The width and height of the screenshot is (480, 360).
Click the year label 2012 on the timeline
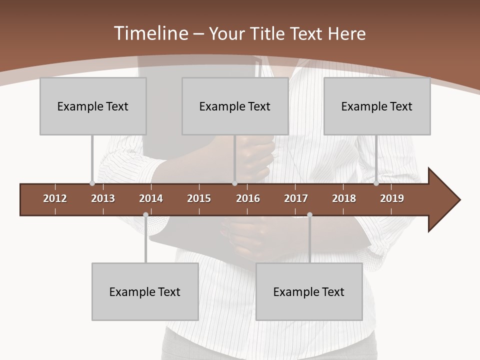tap(55, 198)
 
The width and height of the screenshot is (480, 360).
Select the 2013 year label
tap(103, 198)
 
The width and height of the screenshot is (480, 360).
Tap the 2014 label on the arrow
tap(151, 198)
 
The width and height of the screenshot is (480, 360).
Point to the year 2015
tap(199, 198)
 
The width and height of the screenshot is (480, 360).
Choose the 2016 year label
tap(248, 198)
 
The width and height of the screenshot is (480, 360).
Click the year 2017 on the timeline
tap(296, 198)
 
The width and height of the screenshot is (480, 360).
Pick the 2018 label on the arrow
tap(344, 198)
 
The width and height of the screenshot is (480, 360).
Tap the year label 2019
tap(392, 198)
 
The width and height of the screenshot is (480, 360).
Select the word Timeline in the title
tap(150, 33)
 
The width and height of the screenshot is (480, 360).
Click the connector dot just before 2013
tap(92, 183)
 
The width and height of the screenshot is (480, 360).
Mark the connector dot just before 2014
tap(145, 215)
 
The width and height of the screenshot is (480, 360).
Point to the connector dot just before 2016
tap(234, 183)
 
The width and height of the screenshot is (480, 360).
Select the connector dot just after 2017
tap(309, 215)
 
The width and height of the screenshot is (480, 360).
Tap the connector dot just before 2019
tap(376, 183)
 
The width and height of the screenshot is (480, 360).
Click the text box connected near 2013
tap(93, 106)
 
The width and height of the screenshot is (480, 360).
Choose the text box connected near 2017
tap(309, 291)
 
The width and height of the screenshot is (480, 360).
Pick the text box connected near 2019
tap(377, 106)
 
